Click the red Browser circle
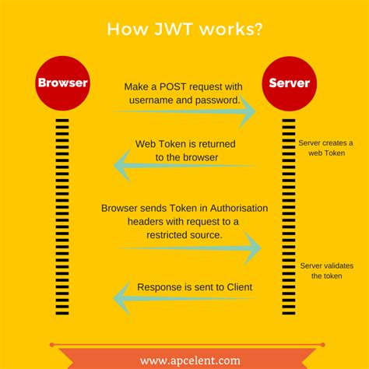click(x=62, y=82)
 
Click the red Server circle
click(x=289, y=82)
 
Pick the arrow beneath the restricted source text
click(x=189, y=248)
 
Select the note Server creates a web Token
click(x=325, y=149)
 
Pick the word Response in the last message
click(x=160, y=287)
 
